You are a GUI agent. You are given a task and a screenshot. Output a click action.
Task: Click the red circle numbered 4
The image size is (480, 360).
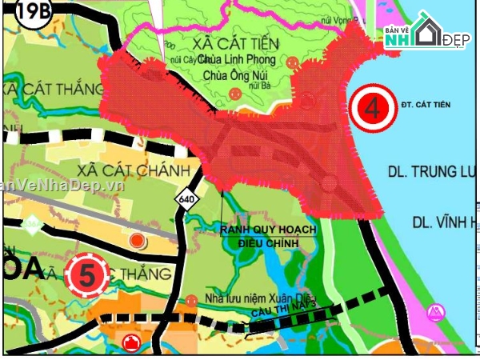(372, 109)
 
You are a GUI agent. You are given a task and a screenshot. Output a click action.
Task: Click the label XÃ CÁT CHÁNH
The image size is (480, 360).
(133, 170)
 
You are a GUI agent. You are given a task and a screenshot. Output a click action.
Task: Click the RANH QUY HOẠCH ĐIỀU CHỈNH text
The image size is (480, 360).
(268, 235)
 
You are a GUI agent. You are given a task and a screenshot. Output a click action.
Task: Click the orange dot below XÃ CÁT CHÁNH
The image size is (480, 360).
(137, 240)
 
